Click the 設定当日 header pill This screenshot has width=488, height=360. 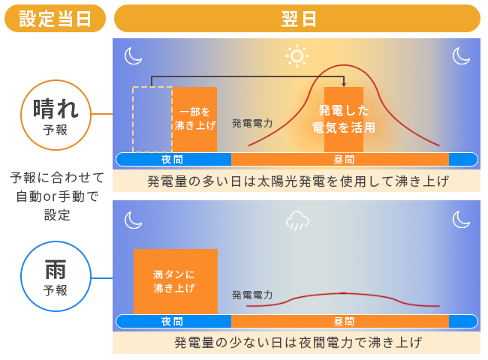pyautogui.click(x=55, y=19)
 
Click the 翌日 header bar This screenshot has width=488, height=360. pyautogui.click(x=297, y=19)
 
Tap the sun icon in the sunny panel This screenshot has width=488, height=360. pyautogui.click(x=297, y=56)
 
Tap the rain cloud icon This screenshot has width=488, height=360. pyautogui.click(x=297, y=220)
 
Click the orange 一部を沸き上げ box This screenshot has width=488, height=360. pyautogui.click(x=195, y=120)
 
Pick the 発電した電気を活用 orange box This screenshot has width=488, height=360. pyautogui.click(x=344, y=120)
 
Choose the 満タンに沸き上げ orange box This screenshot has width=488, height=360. pyautogui.click(x=176, y=282)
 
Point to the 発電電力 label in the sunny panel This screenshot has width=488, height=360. pyautogui.click(x=252, y=124)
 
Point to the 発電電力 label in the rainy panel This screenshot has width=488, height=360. pyautogui.click(x=252, y=295)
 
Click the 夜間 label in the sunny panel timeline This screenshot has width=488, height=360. pyautogui.click(x=172, y=160)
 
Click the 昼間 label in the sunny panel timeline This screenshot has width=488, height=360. pyautogui.click(x=344, y=160)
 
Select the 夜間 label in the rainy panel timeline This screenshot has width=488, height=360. pyautogui.click(x=172, y=322)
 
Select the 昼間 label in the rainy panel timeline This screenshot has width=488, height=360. pyautogui.click(x=344, y=322)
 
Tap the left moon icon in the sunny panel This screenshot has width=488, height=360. pyautogui.click(x=133, y=56)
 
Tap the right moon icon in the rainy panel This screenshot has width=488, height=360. pyautogui.click(x=461, y=219)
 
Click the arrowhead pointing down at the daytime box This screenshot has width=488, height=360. pyautogui.click(x=344, y=84)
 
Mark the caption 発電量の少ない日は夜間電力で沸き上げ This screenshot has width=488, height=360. pyautogui.click(x=298, y=343)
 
